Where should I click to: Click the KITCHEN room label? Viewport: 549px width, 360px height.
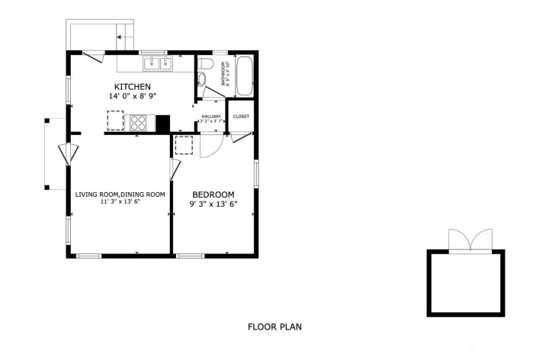(x=133, y=86)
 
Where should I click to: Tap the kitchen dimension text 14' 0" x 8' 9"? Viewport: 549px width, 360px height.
(x=133, y=97)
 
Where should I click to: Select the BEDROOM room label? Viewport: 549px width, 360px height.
(x=213, y=194)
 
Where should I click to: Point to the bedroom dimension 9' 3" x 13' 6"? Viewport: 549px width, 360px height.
(x=213, y=204)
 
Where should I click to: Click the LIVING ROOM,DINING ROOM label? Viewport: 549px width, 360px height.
(x=120, y=194)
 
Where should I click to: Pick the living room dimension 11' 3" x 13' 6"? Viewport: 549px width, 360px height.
(x=120, y=203)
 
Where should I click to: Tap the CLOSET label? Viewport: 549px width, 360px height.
(x=241, y=117)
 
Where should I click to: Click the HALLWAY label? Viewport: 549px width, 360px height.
(x=211, y=117)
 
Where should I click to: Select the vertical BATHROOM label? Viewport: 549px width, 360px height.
(x=224, y=73)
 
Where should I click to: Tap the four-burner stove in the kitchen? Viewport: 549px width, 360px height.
(x=138, y=121)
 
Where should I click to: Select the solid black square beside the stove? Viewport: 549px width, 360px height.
(x=162, y=122)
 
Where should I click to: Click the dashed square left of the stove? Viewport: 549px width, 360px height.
(x=114, y=121)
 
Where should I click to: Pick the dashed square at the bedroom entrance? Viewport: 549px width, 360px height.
(x=185, y=145)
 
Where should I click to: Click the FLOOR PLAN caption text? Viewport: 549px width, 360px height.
(x=274, y=327)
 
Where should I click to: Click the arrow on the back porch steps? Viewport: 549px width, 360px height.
(x=120, y=35)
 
